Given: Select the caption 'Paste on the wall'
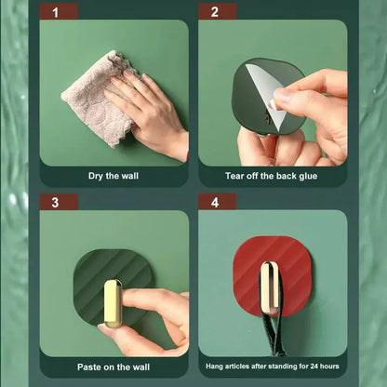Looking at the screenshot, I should pyautogui.click(x=113, y=367).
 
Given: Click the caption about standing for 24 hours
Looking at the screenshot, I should pyautogui.click(x=272, y=367).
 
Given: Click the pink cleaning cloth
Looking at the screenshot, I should pyautogui.click(x=93, y=98).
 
